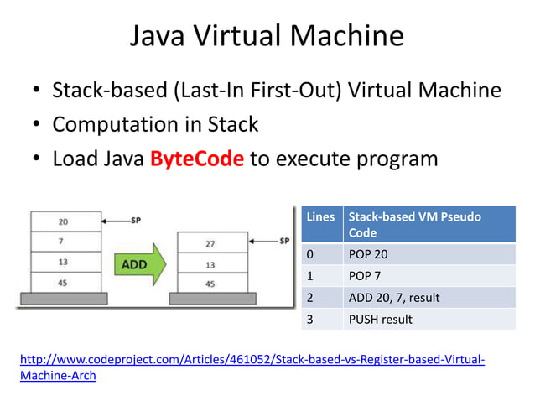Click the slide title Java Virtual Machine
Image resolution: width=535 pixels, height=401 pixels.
[x=267, y=36]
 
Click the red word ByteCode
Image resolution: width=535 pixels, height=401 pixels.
[x=196, y=159]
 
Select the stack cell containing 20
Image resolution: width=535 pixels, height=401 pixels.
[x=64, y=221]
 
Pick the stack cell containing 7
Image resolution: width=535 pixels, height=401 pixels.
[x=64, y=242]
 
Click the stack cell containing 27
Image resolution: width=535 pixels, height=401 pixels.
[x=210, y=245]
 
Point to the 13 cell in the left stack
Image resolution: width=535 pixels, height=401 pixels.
[x=64, y=263]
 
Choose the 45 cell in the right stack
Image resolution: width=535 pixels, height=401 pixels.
[x=210, y=284]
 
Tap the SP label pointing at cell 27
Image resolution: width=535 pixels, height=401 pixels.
[x=284, y=241]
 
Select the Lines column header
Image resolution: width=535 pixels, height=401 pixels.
[x=320, y=217]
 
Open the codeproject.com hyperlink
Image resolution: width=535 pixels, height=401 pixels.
[x=251, y=361]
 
